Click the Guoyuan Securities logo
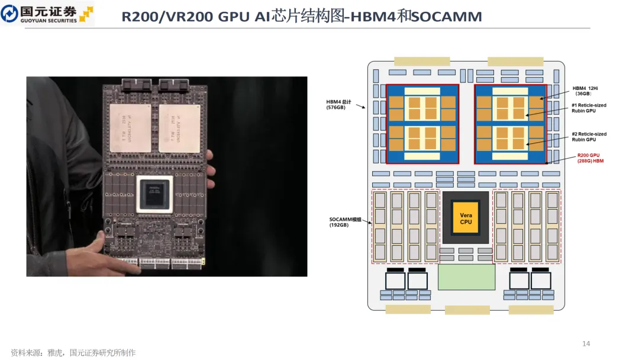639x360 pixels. click(47, 14)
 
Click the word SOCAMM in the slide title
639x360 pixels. click(447, 17)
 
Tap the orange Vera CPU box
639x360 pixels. click(466, 217)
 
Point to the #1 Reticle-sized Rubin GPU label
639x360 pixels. click(589, 108)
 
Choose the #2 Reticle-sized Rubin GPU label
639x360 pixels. click(589, 137)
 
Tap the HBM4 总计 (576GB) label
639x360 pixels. click(339, 104)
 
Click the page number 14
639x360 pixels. click(586, 343)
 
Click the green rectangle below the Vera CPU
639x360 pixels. click(466, 277)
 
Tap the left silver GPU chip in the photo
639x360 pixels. click(131, 127)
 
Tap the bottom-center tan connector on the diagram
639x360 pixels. click(467, 310)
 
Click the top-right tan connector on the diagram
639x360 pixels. click(515, 61)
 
